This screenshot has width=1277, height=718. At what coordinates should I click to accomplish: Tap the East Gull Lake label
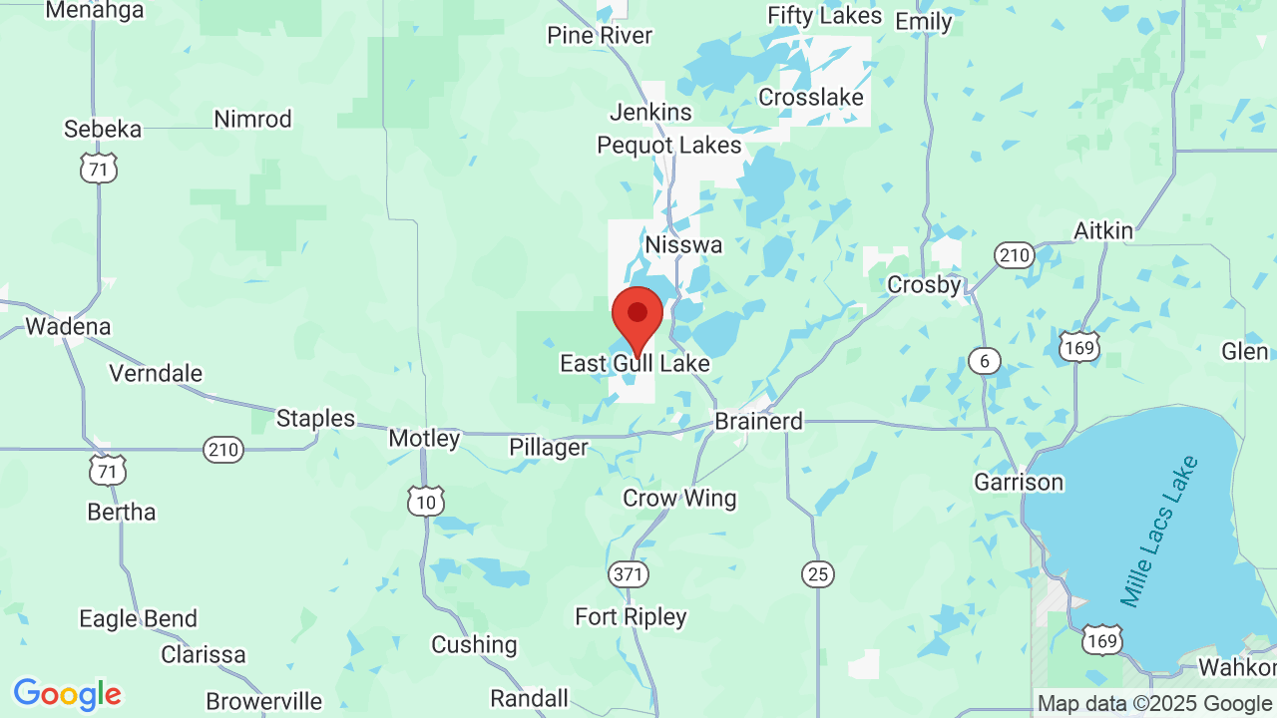(x=635, y=364)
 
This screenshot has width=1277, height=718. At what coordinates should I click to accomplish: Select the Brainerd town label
(x=758, y=422)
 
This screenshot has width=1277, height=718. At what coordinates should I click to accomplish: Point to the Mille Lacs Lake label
(x=1158, y=532)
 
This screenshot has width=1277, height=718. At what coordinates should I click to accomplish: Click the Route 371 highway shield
(x=629, y=574)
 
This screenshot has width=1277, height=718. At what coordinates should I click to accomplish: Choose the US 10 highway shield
(x=426, y=502)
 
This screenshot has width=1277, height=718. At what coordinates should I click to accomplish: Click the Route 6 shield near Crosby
(x=985, y=361)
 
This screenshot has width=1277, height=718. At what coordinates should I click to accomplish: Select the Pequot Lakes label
(x=669, y=146)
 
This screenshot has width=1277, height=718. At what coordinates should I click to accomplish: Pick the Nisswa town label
(x=683, y=244)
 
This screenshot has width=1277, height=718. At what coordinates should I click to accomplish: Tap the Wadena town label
(x=68, y=326)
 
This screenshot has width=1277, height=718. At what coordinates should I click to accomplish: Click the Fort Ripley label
(x=631, y=617)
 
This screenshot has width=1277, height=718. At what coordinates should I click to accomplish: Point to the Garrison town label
(x=1019, y=483)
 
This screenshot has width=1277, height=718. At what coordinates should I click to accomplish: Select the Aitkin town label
(x=1103, y=231)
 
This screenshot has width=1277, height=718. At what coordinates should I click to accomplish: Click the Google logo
(x=67, y=694)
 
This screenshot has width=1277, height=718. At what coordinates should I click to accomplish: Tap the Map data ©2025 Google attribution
(x=1155, y=704)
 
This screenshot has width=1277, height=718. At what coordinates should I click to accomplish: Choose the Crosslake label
(x=810, y=98)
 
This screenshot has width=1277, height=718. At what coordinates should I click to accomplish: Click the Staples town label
(x=315, y=419)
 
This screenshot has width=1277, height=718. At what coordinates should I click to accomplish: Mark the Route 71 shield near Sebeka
(x=99, y=169)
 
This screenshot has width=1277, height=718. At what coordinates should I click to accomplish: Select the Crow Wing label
(x=679, y=499)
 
